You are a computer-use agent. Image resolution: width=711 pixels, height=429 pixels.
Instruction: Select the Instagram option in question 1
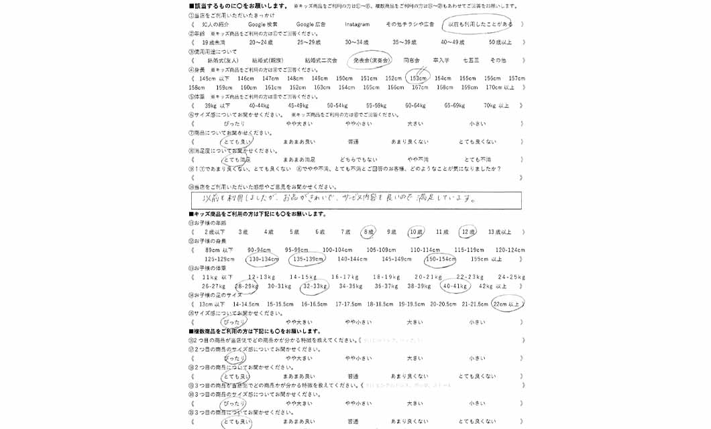357,24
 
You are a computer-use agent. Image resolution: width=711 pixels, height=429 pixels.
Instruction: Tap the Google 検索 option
262,24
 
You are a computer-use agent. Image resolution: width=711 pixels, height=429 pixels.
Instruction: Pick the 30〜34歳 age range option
357,42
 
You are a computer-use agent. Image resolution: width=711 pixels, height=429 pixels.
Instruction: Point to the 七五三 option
471,60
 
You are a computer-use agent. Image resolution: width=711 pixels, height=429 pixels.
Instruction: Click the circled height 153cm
418,78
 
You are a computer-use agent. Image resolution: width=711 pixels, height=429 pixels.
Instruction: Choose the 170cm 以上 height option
500,87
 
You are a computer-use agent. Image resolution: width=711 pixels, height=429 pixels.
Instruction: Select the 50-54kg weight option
337,105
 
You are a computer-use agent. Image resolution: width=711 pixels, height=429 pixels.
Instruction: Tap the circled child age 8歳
368,232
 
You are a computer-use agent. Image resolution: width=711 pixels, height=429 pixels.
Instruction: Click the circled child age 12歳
468,232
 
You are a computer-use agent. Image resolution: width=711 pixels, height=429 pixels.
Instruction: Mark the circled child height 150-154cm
440,259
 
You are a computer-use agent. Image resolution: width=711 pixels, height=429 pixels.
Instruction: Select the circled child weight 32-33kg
315,286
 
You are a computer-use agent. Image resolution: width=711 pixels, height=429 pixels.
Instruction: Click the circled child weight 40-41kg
455,286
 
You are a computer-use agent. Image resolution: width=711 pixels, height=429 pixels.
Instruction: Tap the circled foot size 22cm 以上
508,304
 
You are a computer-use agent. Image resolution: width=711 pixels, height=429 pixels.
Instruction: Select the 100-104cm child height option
337,250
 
